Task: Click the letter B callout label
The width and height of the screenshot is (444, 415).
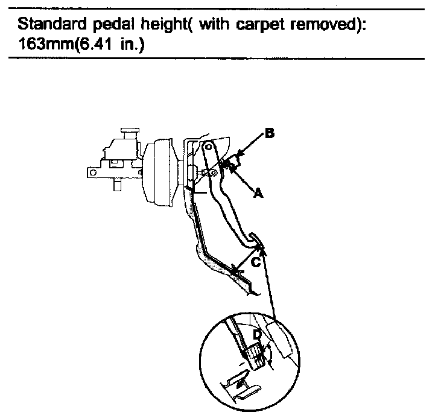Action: pos(269,134)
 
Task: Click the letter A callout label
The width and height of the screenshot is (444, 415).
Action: pos(258,193)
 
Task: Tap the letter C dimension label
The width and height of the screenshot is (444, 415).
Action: pos(256,262)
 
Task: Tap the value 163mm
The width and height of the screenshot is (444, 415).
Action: pos(46,45)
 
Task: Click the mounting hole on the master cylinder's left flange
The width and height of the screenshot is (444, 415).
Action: pos(91,173)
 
